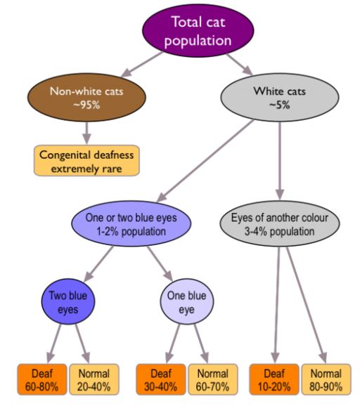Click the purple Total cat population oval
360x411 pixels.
pyautogui.click(x=198, y=31)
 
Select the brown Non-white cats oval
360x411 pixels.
pyautogui.click(x=86, y=97)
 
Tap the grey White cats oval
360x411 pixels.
pyautogui.click(x=280, y=97)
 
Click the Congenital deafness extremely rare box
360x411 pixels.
pyautogui.click(x=86, y=160)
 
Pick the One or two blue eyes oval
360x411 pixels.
pyautogui.click(x=131, y=223)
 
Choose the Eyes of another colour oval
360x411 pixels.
pyautogui.click(x=280, y=223)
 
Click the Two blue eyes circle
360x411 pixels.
pyautogui.click(x=68, y=301)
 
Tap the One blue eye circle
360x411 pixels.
pyautogui.click(x=187, y=301)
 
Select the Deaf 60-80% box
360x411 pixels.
pyautogui.click(x=42, y=379)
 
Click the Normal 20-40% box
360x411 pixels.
pyautogui.click(x=94, y=379)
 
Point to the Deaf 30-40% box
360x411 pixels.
pyautogui.click(x=161, y=379)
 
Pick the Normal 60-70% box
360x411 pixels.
pyautogui.click(x=213, y=379)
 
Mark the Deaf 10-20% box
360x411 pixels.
pyautogui.click(x=274, y=379)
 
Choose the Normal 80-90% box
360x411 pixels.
pyautogui.click(x=326, y=379)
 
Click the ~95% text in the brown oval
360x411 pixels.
pyautogui.click(x=86, y=105)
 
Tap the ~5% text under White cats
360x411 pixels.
pyautogui.click(x=280, y=105)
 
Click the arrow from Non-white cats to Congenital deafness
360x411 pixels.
pyautogui.click(x=86, y=133)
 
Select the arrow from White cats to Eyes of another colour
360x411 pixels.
pyautogui.click(x=280, y=160)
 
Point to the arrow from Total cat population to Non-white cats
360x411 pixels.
pyautogui.click(x=142, y=65)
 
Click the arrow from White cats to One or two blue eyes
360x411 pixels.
pyautogui.click(x=205, y=161)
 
